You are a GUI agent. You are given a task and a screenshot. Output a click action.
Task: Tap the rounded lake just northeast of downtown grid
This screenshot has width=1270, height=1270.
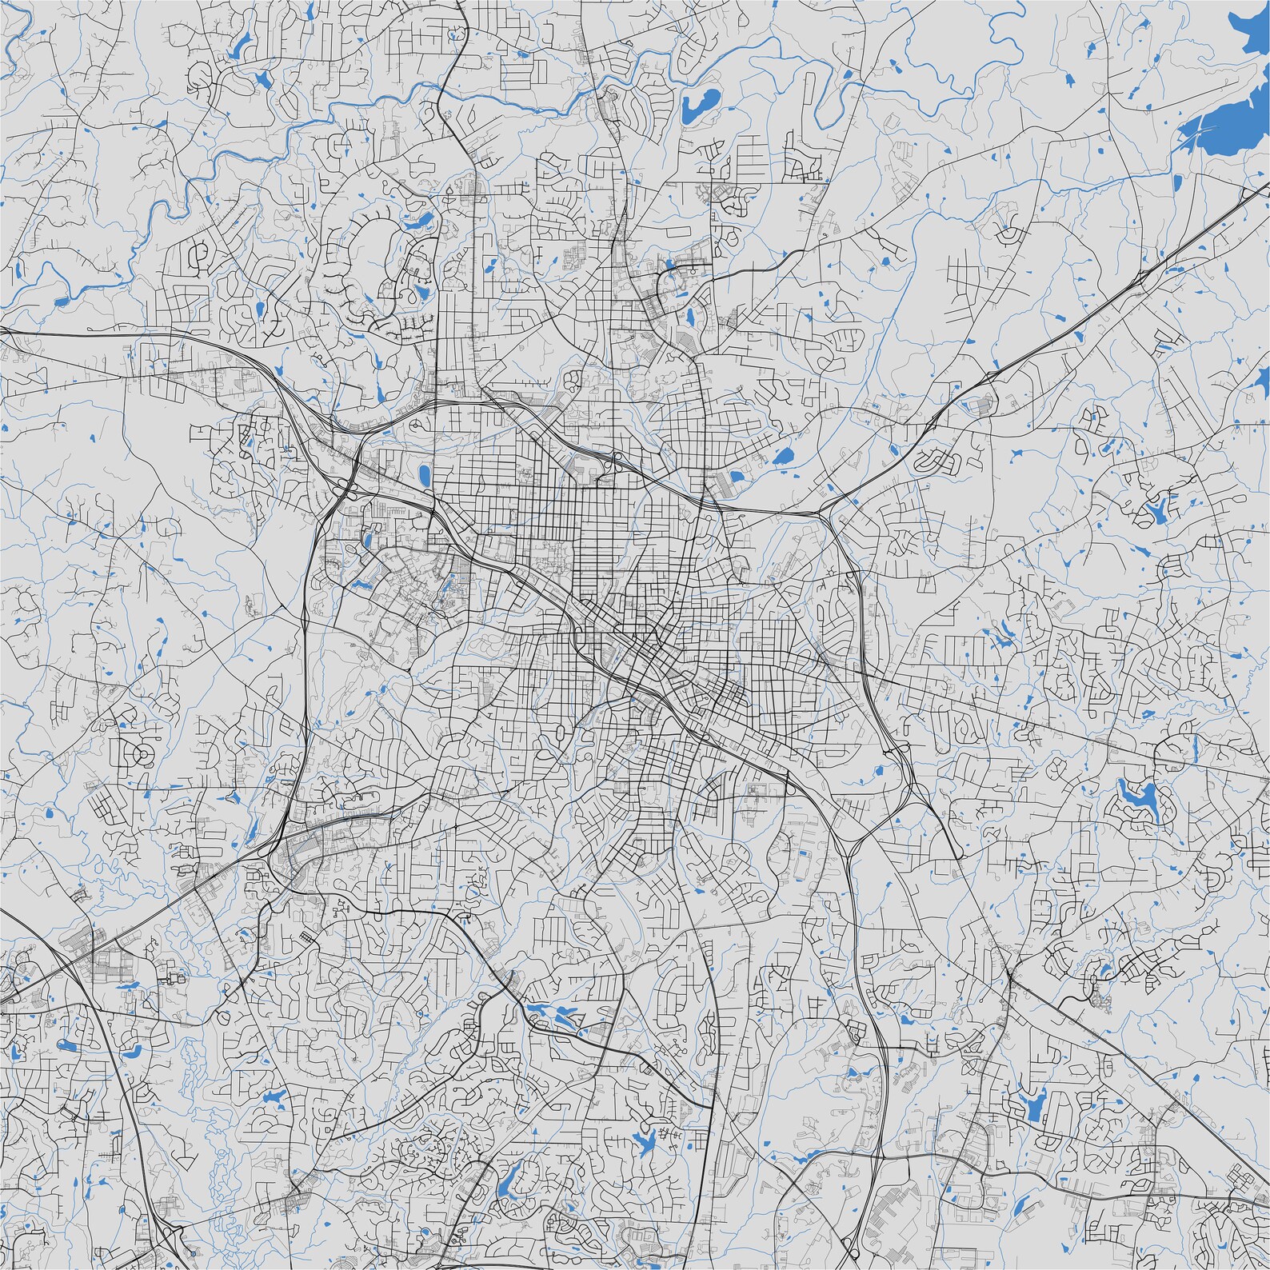click(x=781, y=457)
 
